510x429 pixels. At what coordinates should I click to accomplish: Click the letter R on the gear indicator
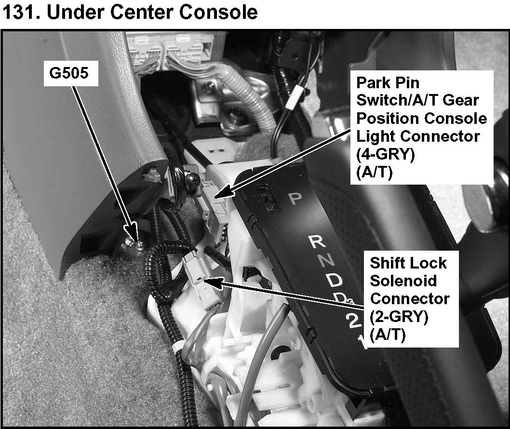(x=316, y=242)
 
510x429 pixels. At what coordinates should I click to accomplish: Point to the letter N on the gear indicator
(x=328, y=261)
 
